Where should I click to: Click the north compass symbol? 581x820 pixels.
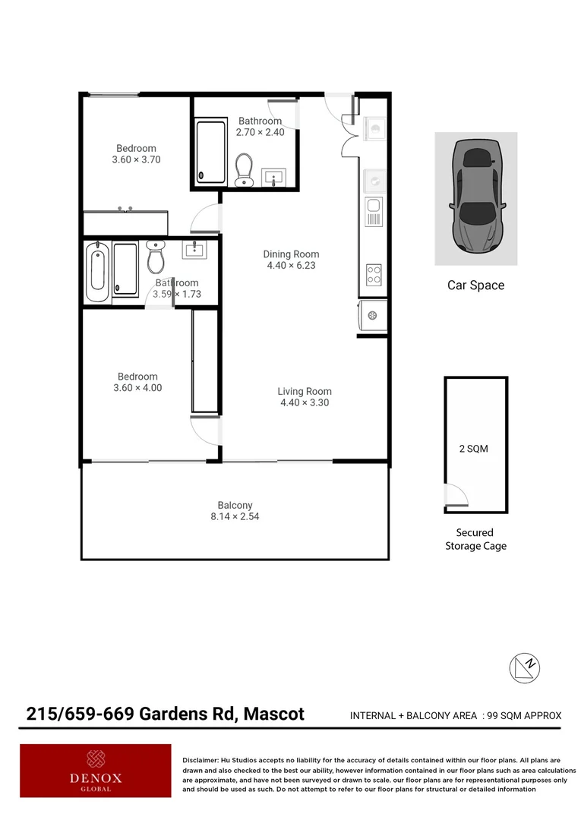pyautogui.click(x=524, y=667)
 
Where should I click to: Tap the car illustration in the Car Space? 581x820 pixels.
pyautogui.click(x=476, y=197)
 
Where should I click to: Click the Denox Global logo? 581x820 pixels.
pyautogui.click(x=96, y=770)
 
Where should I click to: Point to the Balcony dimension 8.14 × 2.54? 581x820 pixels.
pyautogui.click(x=235, y=517)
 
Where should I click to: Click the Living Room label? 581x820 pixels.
pyautogui.click(x=304, y=392)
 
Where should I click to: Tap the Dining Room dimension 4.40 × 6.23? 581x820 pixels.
pyautogui.click(x=291, y=266)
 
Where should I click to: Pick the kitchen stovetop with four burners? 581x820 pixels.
pyautogui.click(x=374, y=274)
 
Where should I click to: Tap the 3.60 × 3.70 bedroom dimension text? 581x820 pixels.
pyautogui.click(x=136, y=160)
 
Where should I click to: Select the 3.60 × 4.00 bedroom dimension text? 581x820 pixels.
pyautogui.click(x=137, y=388)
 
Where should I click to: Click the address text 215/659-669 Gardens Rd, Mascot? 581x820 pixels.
pyautogui.click(x=166, y=714)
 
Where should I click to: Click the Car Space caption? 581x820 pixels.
pyautogui.click(x=475, y=285)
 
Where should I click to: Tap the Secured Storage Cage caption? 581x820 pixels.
pyautogui.click(x=475, y=539)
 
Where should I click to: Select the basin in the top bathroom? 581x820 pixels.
pyautogui.click(x=273, y=178)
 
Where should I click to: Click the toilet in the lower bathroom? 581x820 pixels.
pyautogui.click(x=156, y=258)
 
